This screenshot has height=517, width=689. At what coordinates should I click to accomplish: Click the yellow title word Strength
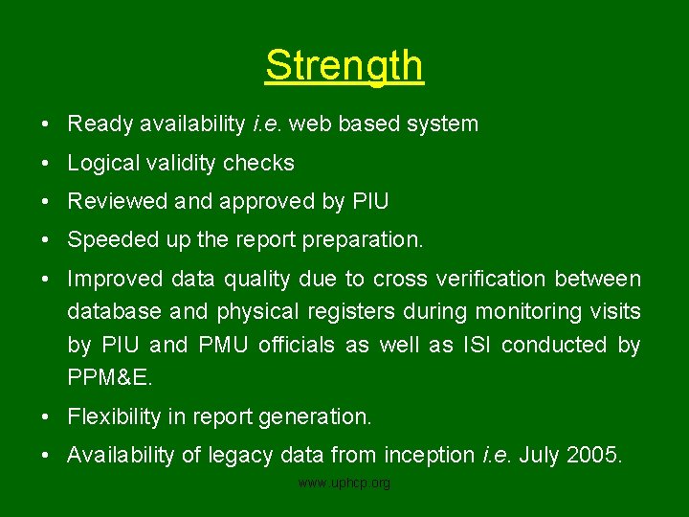pyautogui.click(x=344, y=66)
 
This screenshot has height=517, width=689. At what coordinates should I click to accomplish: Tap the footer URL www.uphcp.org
pyautogui.click(x=344, y=483)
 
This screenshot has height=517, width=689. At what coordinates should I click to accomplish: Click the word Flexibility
pyautogui.click(x=113, y=417)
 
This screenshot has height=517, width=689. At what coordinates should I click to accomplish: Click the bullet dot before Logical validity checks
pyautogui.click(x=46, y=164)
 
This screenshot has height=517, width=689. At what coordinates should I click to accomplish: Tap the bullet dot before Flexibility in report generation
pyautogui.click(x=46, y=417)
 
